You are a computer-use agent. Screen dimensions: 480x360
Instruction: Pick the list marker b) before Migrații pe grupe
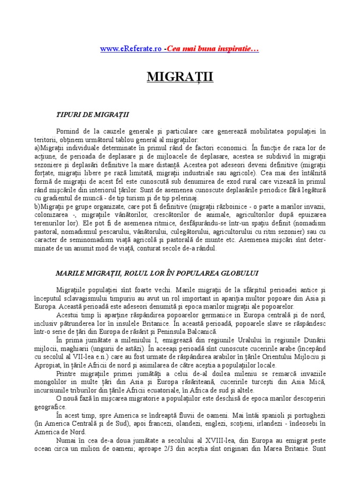tap(37, 207)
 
